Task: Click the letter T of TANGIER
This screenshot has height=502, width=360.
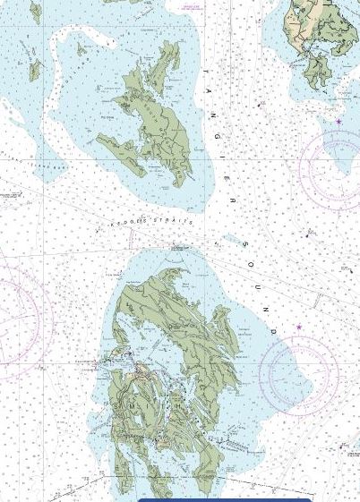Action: click(205, 70)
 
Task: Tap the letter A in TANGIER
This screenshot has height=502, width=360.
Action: click(210, 91)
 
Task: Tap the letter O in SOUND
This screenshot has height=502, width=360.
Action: click(250, 263)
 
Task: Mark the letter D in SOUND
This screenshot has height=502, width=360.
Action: click(273, 332)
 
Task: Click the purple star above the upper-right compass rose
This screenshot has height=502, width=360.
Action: click(339, 122)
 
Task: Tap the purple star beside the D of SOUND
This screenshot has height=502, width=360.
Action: click(299, 328)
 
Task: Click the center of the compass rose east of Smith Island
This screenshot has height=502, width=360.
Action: click(298, 370)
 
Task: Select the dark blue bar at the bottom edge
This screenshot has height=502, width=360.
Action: click(224, 499)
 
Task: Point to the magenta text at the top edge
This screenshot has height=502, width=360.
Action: click(191, 6)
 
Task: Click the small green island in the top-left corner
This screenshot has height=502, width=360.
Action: click(36, 12)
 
